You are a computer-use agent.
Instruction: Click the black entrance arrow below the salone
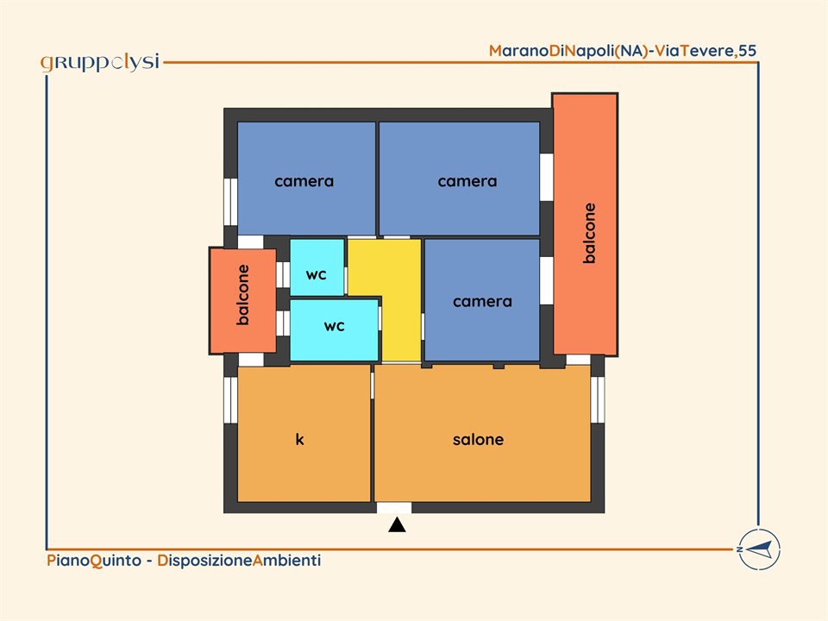point(397,525)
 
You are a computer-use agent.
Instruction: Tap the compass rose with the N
point(759,549)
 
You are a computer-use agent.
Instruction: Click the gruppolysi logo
point(100,62)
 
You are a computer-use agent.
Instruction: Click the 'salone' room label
point(478,439)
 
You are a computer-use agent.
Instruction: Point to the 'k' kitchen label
point(299,439)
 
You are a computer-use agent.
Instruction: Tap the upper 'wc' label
point(317,274)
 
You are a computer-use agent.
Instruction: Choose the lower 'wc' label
point(335,326)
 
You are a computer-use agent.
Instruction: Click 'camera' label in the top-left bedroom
point(304,182)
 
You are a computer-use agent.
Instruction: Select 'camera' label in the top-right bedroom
point(467,182)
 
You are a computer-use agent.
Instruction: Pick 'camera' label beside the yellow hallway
point(483,302)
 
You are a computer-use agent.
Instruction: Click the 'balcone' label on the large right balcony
point(589,233)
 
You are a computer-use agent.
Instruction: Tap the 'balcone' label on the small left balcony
point(242,295)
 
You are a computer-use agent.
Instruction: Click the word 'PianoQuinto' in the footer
point(94,561)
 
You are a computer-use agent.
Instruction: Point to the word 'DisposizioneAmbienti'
point(239,561)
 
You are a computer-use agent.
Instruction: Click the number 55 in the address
point(748,51)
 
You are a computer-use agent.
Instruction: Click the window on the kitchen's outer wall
point(230,399)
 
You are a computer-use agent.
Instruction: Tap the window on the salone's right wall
point(597,399)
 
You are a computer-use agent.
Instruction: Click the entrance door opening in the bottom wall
point(394,508)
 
